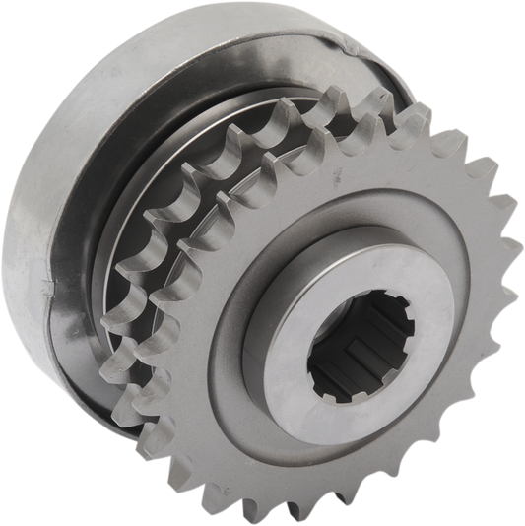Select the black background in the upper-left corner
[x=30, y=30]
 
